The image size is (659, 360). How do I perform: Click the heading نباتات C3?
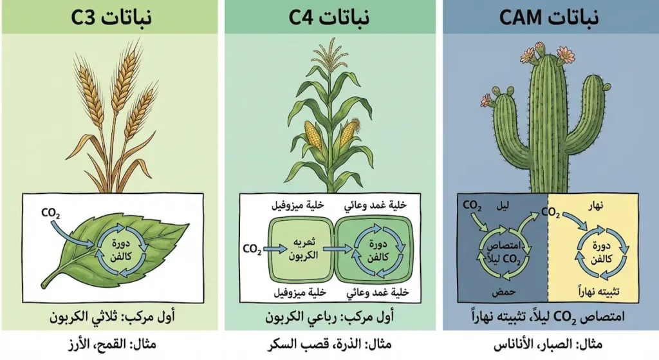click(111, 17)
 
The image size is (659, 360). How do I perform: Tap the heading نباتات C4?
click(329, 17)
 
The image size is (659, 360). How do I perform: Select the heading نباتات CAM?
click(549, 17)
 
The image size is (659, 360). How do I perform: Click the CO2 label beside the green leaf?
click(51, 214)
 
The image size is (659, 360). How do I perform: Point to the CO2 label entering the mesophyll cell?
click(252, 249)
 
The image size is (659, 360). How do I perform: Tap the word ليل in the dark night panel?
click(502, 206)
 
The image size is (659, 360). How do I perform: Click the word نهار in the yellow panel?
click(594, 206)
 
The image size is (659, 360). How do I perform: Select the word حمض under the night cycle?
click(503, 292)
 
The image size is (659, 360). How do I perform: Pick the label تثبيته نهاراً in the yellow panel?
click(599, 291)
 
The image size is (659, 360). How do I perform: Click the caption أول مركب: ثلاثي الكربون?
click(112, 317)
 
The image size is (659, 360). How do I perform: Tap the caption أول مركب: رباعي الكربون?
click(330, 317)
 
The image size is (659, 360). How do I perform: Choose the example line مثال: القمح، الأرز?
click(112, 345)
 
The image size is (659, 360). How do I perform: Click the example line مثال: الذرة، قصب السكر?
click(330, 345)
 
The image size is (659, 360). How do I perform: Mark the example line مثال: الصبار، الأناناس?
click(548, 345)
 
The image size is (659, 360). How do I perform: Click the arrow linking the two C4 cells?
click(337, 249)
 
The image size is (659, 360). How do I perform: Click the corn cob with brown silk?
click(349, 131)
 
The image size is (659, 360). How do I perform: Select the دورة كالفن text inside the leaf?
click(122, 251)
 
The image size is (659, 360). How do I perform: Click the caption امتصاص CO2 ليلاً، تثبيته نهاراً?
click(548, 317)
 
